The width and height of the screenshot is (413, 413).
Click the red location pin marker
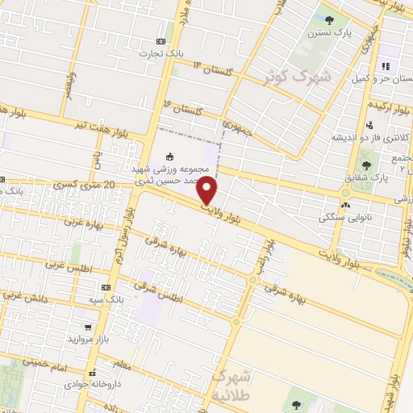[x=207, y=190]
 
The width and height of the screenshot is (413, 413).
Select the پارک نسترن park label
[x=311, y=35]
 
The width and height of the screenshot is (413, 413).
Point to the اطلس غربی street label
[x=69, y=265]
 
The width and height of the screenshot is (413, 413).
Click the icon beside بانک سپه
[x=106, y=288]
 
